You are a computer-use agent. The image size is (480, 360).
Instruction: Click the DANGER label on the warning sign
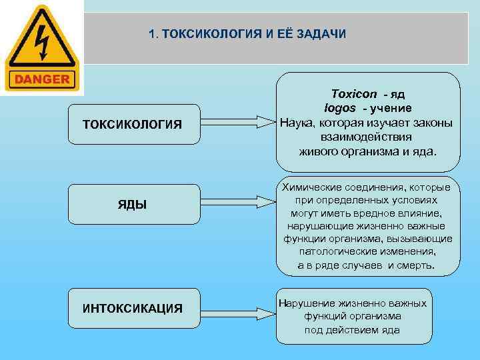pyautogui.click(x=41, y=79)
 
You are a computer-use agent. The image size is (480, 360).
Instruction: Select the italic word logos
pyautogui.click(x=339, y=109)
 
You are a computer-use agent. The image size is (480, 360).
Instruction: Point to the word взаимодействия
pyautogui.click(x=367, y=137)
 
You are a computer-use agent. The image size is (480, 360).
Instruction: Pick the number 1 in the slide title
pyautogui.click(x=153, y=33)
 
